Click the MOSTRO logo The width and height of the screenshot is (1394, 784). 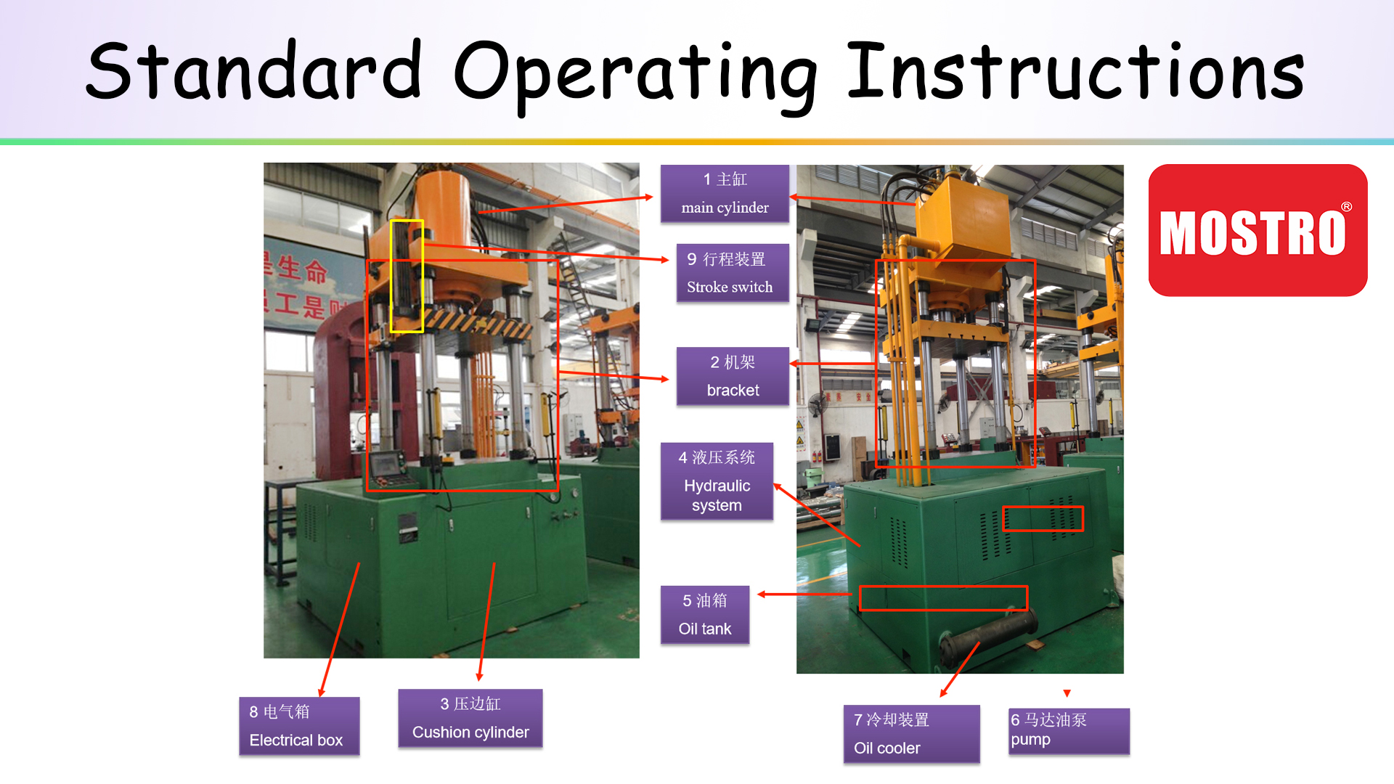coord(1258,230)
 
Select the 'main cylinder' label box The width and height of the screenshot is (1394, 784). coord(725,193)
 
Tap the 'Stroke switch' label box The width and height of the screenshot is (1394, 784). coord(733,273)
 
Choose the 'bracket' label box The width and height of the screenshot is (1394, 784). coord(733,376)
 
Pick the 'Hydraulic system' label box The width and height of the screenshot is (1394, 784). coord(717,481)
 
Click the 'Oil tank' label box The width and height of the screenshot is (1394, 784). coord(704,615)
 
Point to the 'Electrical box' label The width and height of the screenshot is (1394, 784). coord(299,726)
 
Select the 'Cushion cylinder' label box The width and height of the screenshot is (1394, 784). coord(470,718)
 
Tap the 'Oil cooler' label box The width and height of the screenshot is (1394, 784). coord(911,734)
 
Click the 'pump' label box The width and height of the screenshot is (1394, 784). coord(1069,731)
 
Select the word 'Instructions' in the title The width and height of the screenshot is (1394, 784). coord(1076,70)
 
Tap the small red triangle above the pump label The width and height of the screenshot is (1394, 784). coord(1067,693)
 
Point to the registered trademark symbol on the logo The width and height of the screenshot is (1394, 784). coord(1347,207)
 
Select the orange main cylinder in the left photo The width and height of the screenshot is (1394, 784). coord(443,211)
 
